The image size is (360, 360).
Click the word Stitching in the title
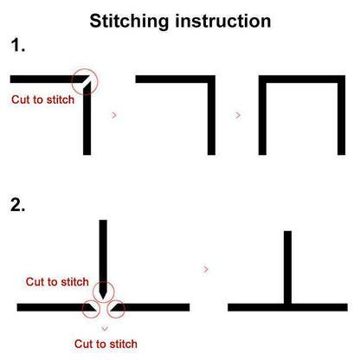coord(129,22)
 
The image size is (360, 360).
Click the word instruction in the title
coord(223,21)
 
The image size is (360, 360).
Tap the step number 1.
coord(17,46)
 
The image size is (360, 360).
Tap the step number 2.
coord(17,205)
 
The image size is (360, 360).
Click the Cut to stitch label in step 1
coord(42,100)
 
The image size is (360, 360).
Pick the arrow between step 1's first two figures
coord(114,115)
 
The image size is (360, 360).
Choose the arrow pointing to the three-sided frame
coord(238,115)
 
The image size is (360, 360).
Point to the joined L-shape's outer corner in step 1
coord(215,76)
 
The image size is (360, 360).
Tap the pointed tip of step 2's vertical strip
coord(103,299)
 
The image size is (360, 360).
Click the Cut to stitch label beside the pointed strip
coord(57,282)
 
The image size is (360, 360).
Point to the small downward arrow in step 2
coord(105,329)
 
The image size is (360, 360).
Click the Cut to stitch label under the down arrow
coord(106,344)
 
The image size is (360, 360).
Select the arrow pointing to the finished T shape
coord(206,269)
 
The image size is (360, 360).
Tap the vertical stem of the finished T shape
coord(287,267)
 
